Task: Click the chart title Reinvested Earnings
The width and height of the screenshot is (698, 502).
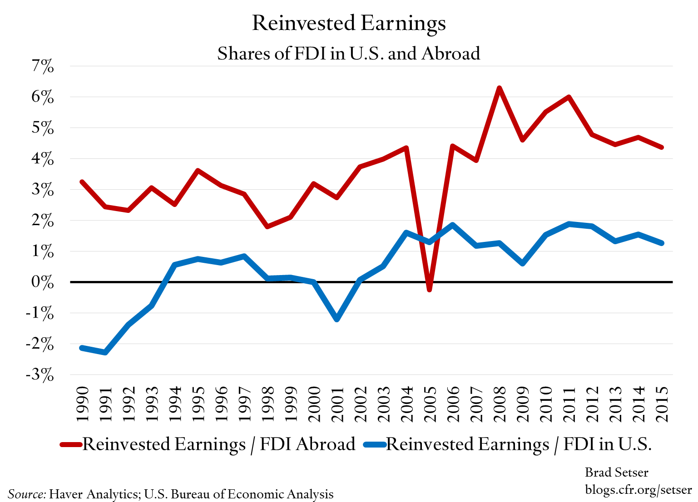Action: pyautogui.click(x=349, y=24)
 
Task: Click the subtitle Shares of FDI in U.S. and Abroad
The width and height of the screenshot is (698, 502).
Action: pyautogui.click(x=349, y=54)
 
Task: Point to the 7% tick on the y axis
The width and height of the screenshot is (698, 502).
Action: pyautogui.click(x=43, y=67)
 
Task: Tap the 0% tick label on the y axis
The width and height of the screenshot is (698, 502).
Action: pyautogui.click(x=43, y=282)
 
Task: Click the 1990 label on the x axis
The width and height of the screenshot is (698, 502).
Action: pyautogui.click(x=82, y=404)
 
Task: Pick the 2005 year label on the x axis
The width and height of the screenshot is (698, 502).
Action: pyautogui.click(x=429, y=404)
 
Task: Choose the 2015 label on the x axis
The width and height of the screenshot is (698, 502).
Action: pyautogui.click(x=661, y=404)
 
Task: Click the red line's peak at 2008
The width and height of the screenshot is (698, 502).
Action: pyautogui.click(x=499, y=88)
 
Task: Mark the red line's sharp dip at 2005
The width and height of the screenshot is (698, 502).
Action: pyautogui.click(x=429, y=289)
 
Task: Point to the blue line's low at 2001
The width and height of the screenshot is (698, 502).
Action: pyautogui.click(x=337, y=320)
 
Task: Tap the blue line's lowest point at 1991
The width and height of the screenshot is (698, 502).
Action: pyautogui.click(x=105, y=352)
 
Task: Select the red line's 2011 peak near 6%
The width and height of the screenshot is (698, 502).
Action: pyautogui.click(x=569, y=97)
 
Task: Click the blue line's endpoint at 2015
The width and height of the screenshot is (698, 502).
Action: pyautogui.click(x=661, y=243)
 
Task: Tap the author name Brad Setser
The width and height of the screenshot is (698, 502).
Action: pyautogui.click(x=616, y=472)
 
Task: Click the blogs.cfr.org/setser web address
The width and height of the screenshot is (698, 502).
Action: pyautogui.click(x=638, y=490)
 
